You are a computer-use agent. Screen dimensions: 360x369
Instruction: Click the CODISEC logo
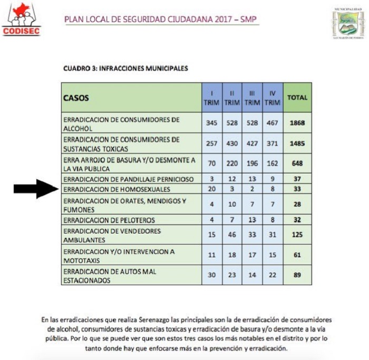click(x=21, y=21)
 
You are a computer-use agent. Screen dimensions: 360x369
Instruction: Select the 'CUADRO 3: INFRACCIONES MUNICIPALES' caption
click(x=125, y=69)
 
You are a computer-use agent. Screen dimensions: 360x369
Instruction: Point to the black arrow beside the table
click(x=35, y=188)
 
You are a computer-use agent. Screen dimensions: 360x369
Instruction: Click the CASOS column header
click(x=77, y=98)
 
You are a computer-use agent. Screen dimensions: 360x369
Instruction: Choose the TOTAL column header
click(x=297, y=98)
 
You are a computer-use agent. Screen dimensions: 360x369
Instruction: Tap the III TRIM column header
click(x=252, y=98)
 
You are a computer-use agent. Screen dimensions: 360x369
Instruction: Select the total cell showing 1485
click(x=297, y=143)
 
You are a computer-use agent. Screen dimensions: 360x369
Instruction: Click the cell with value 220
click(x=232, y=163)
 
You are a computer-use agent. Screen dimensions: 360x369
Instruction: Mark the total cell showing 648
click(x=297, y=163)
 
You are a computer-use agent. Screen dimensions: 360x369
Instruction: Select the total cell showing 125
click(x=297, y=235)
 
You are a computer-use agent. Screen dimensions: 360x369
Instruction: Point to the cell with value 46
click(x=232, y=235)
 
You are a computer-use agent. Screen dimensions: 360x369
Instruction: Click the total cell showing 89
click(x=297, y=275)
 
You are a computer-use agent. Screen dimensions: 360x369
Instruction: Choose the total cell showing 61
click(x=297, y=255)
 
